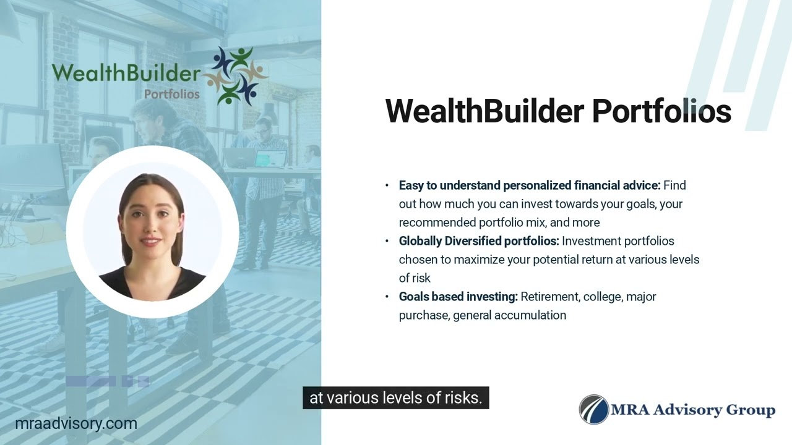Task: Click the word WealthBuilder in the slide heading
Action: [x=484, y=111]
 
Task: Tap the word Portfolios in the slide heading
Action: [x=661, y=111]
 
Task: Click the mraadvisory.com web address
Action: [x=76, y=424]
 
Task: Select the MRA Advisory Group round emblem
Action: [x=594, y=410]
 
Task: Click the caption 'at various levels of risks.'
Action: [x=395, y=398]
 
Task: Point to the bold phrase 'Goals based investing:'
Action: [x=458, y=297]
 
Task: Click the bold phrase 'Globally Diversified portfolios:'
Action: [x=479, y=241]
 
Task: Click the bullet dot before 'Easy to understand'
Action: [x=387, y=185]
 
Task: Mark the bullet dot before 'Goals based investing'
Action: [x=387, y=297]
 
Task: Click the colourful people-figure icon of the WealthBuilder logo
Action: [x=236, y=75]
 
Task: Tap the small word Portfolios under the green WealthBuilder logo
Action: [x=171, y=95]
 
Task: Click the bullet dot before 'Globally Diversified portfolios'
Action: [x=387, y=241]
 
